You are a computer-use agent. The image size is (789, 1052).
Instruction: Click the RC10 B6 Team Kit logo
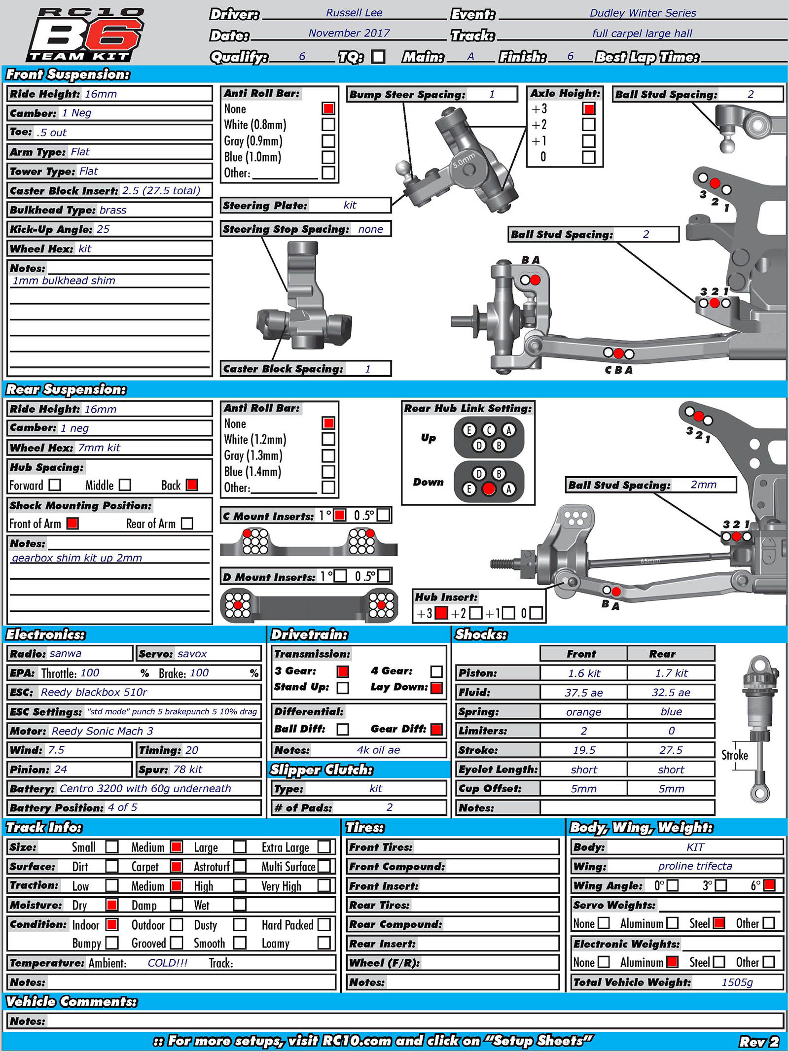tap(85, 35)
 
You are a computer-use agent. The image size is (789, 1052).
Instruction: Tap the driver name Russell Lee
tap(354, 13)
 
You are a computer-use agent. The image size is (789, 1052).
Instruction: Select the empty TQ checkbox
tap(378, 57)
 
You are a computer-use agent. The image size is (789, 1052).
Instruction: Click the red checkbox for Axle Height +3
tap(588, 108)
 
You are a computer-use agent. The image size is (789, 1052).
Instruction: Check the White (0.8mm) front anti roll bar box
tap(328, 124)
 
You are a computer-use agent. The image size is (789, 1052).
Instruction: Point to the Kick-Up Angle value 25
tap(103, 229)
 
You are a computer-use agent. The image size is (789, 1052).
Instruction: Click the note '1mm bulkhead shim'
tap(64, 281)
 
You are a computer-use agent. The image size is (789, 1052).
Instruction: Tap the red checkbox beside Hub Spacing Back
tap(192, 485)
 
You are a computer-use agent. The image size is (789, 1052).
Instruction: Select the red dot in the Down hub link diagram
tap(488, 489)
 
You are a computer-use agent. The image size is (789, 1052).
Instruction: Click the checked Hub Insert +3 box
tap(442, 613)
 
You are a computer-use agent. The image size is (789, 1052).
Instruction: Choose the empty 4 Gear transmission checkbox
tap(436, 671)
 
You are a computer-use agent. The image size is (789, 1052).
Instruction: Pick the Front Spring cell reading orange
tap(583, 712)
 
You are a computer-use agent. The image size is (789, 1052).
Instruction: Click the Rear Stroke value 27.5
tap(671, 750)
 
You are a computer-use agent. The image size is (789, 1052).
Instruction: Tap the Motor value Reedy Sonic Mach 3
tap(102, 731)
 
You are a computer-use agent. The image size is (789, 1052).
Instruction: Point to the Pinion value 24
tap(61, 770)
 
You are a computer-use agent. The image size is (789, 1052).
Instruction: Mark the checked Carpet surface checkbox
tap(177, 866)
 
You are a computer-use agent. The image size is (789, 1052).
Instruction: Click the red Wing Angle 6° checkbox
tap(769, 885)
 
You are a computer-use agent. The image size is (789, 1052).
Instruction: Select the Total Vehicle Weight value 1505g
tap(737, 982)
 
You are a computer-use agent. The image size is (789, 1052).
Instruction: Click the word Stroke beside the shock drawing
tap(735, 755)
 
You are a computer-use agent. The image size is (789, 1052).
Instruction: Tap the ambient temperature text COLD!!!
tap(168, 963)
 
